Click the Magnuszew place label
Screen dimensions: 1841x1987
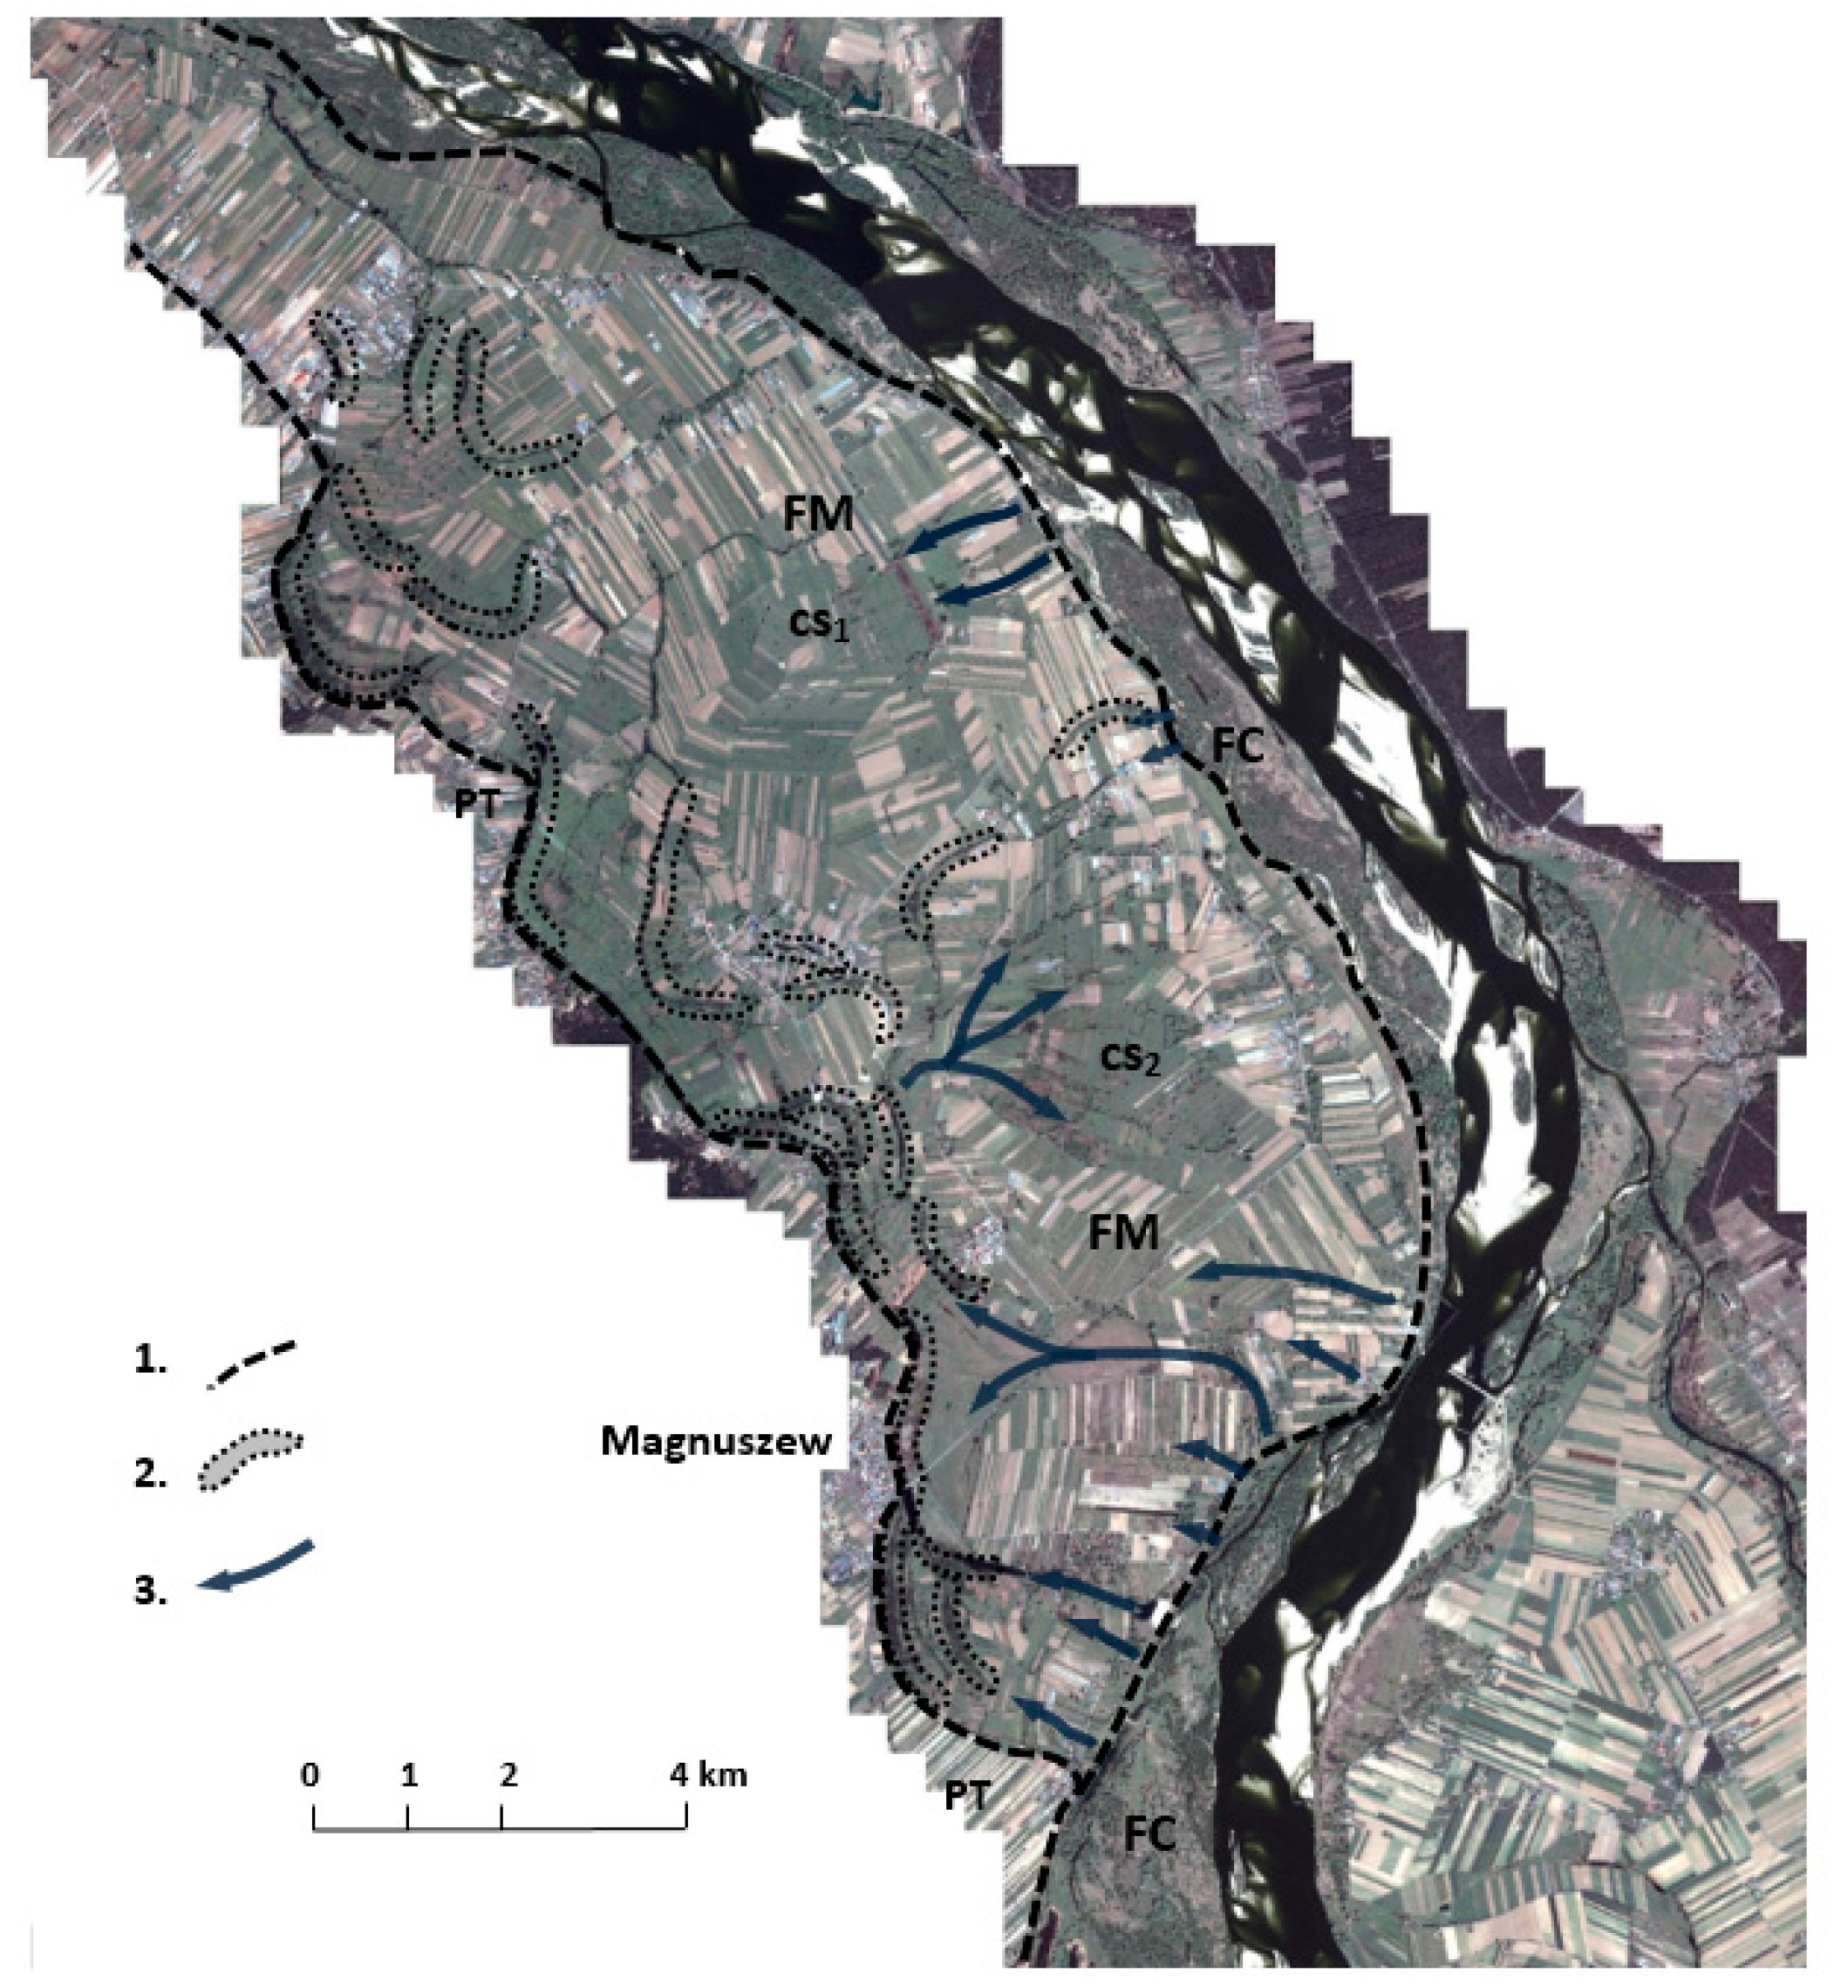[x=715, y=1442]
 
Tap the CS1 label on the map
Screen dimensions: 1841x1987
[x=820, y=625]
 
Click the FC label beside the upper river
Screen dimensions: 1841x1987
[x=1237, y=746]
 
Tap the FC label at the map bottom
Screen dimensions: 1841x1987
[x=1149, y=1834]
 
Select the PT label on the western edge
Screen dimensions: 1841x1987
[x=477, y=805]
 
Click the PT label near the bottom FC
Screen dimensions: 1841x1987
[x=967, y=1795]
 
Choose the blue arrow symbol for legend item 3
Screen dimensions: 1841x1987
[x=255, y=1567]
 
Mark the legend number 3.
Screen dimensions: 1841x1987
[x=149, y=1590]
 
